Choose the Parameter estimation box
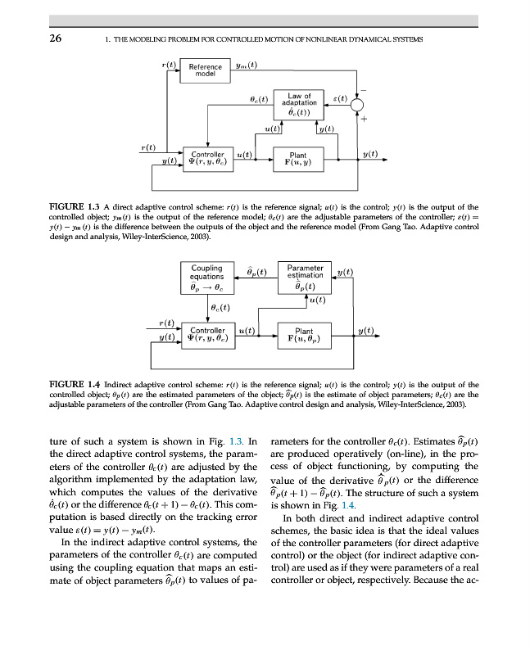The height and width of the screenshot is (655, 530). (x=305, y=276)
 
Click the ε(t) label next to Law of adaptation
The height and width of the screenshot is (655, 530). (x=337, y=98)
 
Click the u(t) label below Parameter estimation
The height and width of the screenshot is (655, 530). (x=317, y=300)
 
